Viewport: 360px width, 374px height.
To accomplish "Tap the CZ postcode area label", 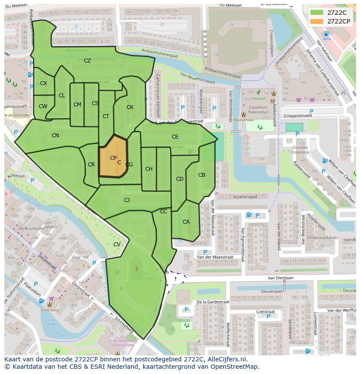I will click(x=87, y=61).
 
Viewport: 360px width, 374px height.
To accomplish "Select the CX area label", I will click(x=43, y=83).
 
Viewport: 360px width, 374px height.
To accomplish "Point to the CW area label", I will click(x=43, y=106).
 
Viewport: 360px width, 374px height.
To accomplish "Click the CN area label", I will click(x=55, y=136).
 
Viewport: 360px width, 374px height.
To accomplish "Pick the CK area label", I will click(x=130, y=107).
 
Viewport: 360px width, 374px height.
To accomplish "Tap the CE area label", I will click(x=175, y=137).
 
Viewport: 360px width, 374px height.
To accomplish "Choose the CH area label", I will click(x=149, y=169).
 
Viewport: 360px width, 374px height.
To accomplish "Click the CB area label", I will click(x=202, y=175).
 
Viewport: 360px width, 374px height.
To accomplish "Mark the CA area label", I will click(x=186, y=222).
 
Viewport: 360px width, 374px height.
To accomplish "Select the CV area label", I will click(x=117, y=245).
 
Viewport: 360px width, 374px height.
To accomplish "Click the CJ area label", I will click(x=127, y=200).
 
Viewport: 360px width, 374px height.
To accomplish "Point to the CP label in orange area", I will click(x=113, y=158).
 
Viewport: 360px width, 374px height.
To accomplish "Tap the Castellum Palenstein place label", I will click(x=258, y=109).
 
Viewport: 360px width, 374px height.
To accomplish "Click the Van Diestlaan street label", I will click(x=282, y=278).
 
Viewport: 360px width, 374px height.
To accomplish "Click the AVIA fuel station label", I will click(x=327, y=39).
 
